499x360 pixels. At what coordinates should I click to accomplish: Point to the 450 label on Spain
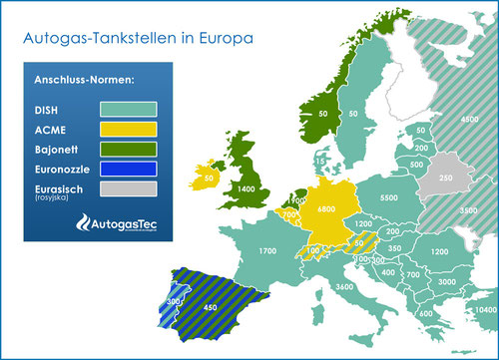[x=211, y=307]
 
